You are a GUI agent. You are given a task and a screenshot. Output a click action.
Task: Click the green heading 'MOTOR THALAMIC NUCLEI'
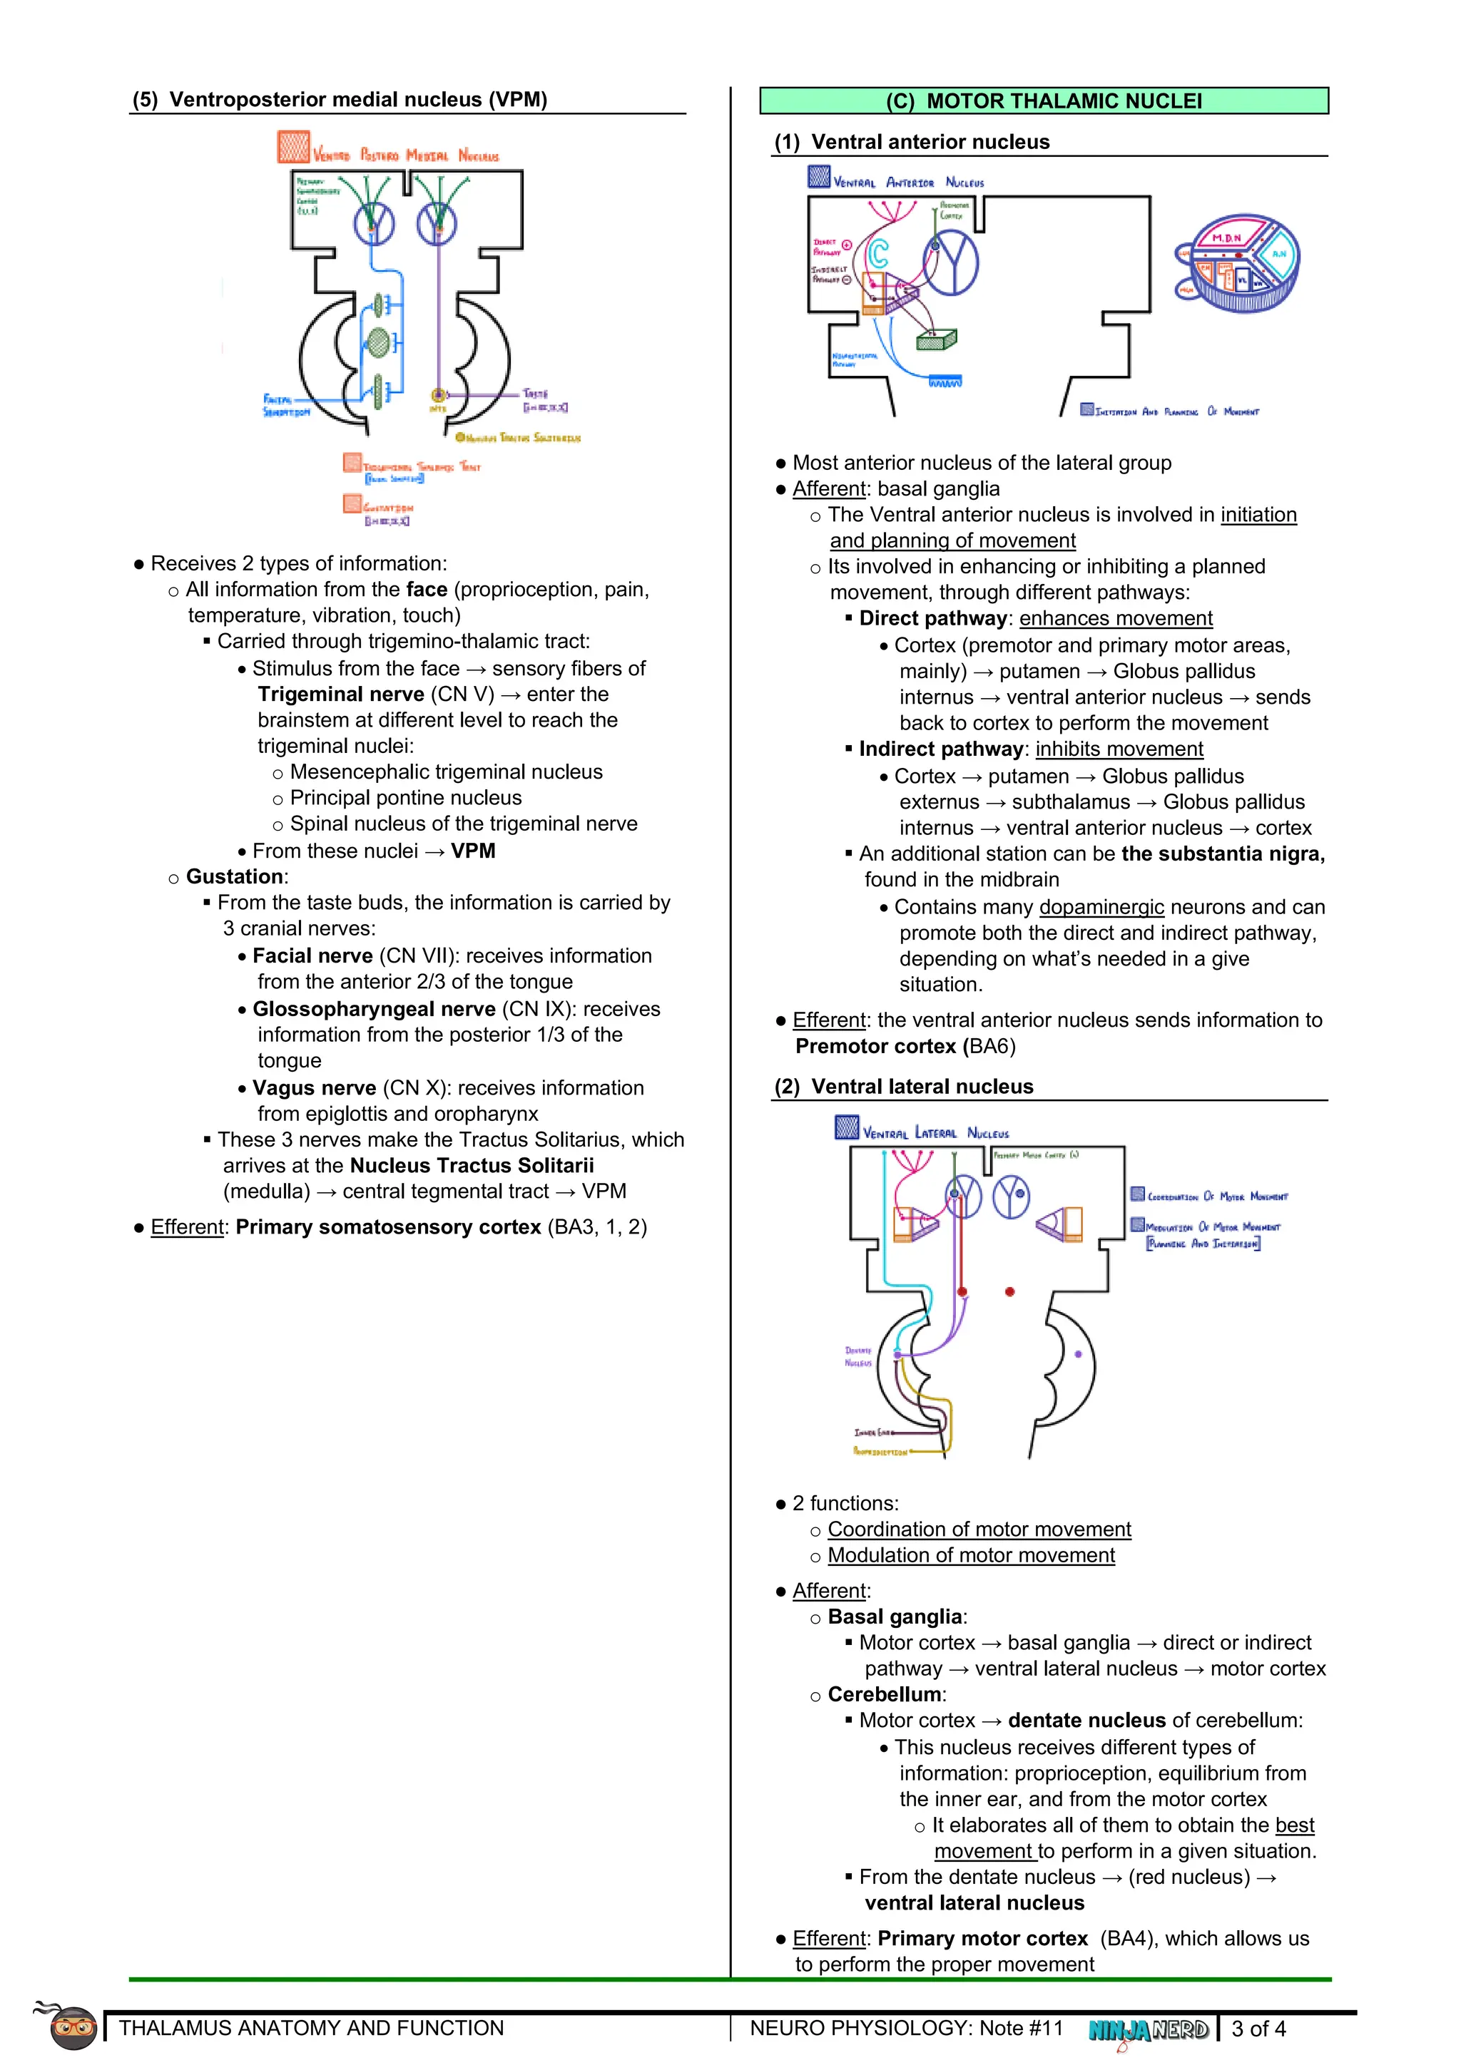pos(1064,101)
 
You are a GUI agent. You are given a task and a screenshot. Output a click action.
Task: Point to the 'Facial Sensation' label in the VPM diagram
pos(285,405)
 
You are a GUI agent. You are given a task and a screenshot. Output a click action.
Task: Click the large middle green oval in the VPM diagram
pos(379,343)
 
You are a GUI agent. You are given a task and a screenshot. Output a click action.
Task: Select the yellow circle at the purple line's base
pos(438,395)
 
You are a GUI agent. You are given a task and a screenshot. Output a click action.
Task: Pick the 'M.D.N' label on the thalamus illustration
pos(1226,238)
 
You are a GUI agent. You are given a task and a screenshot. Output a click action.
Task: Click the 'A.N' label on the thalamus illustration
pos(1279,255)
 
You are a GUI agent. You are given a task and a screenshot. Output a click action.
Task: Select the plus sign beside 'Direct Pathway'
pos(847,245)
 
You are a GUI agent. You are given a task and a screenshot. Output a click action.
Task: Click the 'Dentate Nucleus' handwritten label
pos(858,1356)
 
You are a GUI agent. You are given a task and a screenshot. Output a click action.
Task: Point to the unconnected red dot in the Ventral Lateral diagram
pos(1009,1291)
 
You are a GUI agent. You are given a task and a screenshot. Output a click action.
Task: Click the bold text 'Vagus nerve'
pos(314,1088)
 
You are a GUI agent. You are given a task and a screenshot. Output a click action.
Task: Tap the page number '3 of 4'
pos(1258,2028)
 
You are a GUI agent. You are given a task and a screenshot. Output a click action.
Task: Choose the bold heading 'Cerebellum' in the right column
pos(885,1694)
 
